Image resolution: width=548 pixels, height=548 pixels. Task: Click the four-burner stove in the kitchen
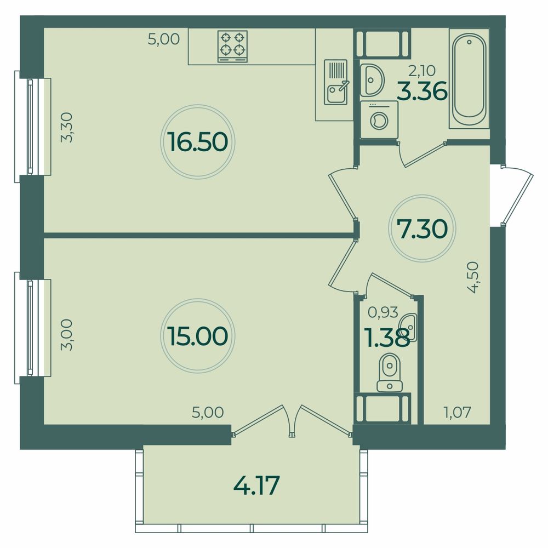232,46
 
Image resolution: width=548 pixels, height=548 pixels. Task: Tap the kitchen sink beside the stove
336,82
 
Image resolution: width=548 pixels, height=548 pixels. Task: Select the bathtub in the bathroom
469,78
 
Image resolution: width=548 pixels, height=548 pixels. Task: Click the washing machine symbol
379,119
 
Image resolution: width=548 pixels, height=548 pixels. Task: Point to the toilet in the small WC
389,373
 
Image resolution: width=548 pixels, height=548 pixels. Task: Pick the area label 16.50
197,142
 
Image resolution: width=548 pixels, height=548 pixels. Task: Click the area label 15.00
197,336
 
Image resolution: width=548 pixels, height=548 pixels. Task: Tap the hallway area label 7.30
422,229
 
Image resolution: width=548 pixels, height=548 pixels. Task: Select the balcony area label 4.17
256,485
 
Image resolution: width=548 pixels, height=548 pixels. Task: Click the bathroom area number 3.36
423,91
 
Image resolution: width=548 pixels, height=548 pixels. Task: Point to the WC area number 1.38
387,338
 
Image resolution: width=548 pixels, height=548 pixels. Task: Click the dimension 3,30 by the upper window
66,127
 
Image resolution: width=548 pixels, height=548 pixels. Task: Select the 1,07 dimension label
457,413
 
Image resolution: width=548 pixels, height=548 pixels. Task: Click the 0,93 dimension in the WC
383,312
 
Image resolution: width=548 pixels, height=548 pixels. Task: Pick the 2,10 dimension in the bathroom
422,71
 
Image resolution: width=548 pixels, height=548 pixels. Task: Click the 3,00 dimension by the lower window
66,334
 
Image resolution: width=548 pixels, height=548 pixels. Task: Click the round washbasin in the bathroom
372,80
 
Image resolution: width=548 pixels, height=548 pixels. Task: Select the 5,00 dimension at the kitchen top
163,39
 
